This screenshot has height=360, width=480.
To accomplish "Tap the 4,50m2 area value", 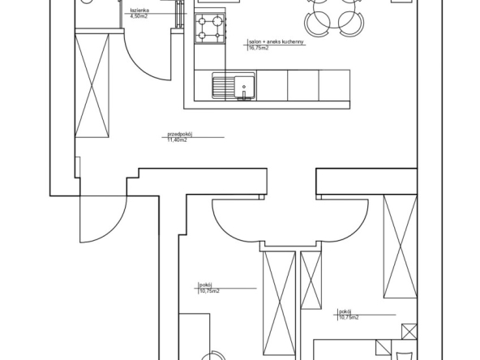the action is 139,16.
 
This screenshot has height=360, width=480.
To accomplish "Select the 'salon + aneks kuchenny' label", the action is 276,42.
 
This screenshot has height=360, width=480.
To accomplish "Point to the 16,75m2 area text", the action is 259,48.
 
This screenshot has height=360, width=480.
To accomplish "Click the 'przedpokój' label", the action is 180,134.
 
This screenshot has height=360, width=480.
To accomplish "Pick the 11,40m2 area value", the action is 177,140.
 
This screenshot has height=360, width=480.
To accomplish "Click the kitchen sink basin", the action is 244,87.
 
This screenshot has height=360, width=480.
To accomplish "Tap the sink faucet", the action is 244,96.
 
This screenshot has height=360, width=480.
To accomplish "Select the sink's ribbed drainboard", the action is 224,88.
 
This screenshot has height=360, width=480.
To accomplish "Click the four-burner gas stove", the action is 210,28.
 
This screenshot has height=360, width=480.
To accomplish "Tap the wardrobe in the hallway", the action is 92,86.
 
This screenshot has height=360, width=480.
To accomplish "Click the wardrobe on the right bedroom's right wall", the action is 401,246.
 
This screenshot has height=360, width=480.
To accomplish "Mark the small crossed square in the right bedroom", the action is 409,332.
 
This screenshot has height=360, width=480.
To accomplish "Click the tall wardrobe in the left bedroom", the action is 280,304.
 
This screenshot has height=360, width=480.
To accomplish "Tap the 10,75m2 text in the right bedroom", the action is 349,318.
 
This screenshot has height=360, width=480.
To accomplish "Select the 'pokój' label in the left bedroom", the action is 206,285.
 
